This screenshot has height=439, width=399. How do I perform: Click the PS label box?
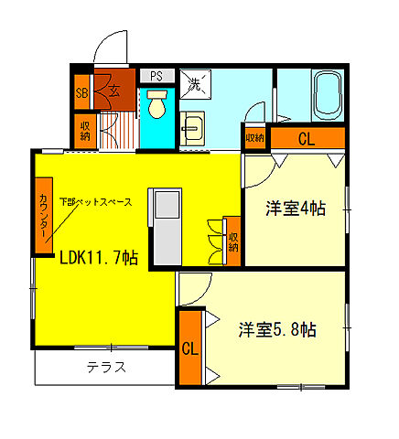(x=156, y=76)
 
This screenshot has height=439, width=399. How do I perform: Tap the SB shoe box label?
(x=81, y=91)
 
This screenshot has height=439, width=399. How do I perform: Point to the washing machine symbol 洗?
(x=195, y=86)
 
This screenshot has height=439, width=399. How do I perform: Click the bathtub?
(x=326, y=97)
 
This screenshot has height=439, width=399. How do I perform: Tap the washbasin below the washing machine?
(x=193, y=129)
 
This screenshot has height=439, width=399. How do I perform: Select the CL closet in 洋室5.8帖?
(x=189, y=348)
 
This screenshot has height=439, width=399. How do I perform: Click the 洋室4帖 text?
(x=296, y=209)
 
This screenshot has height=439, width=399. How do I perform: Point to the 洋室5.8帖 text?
(x=279, y=329)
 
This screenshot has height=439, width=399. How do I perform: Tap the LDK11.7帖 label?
(x=99, y=258)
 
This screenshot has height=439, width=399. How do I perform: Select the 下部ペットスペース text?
(x=95, y=201)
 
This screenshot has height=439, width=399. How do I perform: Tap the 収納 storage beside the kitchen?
(x=232, y=240)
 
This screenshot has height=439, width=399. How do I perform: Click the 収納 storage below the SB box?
(x=82, y=129)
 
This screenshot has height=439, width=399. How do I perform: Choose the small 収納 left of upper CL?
(x=253, y=137)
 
